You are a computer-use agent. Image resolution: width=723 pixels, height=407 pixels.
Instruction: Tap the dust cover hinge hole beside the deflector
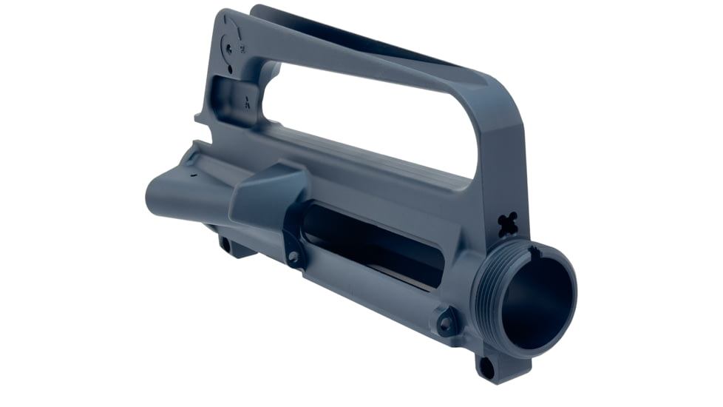[294, 257]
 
